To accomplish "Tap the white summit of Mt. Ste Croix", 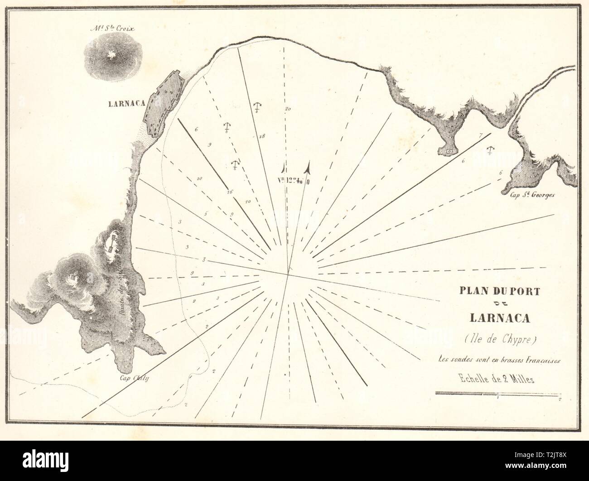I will pyautogui.click(x=110, y=56).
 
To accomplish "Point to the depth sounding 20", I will pyautogui.click(x=287, y=109).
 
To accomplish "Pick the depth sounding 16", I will pyautogui.click(x=230, y=192).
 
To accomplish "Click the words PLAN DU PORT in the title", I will pyautogui.click(x=500, y=292).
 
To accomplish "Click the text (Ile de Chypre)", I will pyautogui.click(x=499, y=338).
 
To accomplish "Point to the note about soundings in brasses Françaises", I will pyautogui.click(x=499, y=360).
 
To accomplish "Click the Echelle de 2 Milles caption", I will pyautogui.click(x=499, y=380).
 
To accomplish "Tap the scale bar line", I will pyautogui.click(x=498, y=394).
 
